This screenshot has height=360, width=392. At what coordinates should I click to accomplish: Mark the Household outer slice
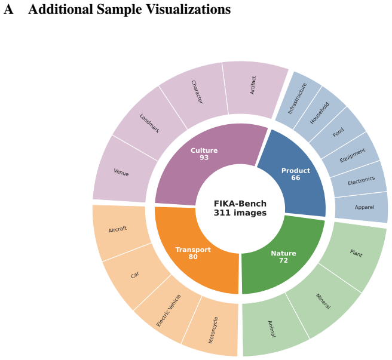tap(320, 113)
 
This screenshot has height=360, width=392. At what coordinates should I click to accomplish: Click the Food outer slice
tap(338, 133)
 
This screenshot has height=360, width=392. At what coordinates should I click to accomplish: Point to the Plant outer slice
tap(356, 254)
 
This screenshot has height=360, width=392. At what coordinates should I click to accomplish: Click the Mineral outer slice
tap(323, 301)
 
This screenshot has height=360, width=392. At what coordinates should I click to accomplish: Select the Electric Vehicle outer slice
tap(168, 310)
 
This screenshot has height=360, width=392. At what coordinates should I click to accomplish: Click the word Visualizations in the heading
tap(188, 10)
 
